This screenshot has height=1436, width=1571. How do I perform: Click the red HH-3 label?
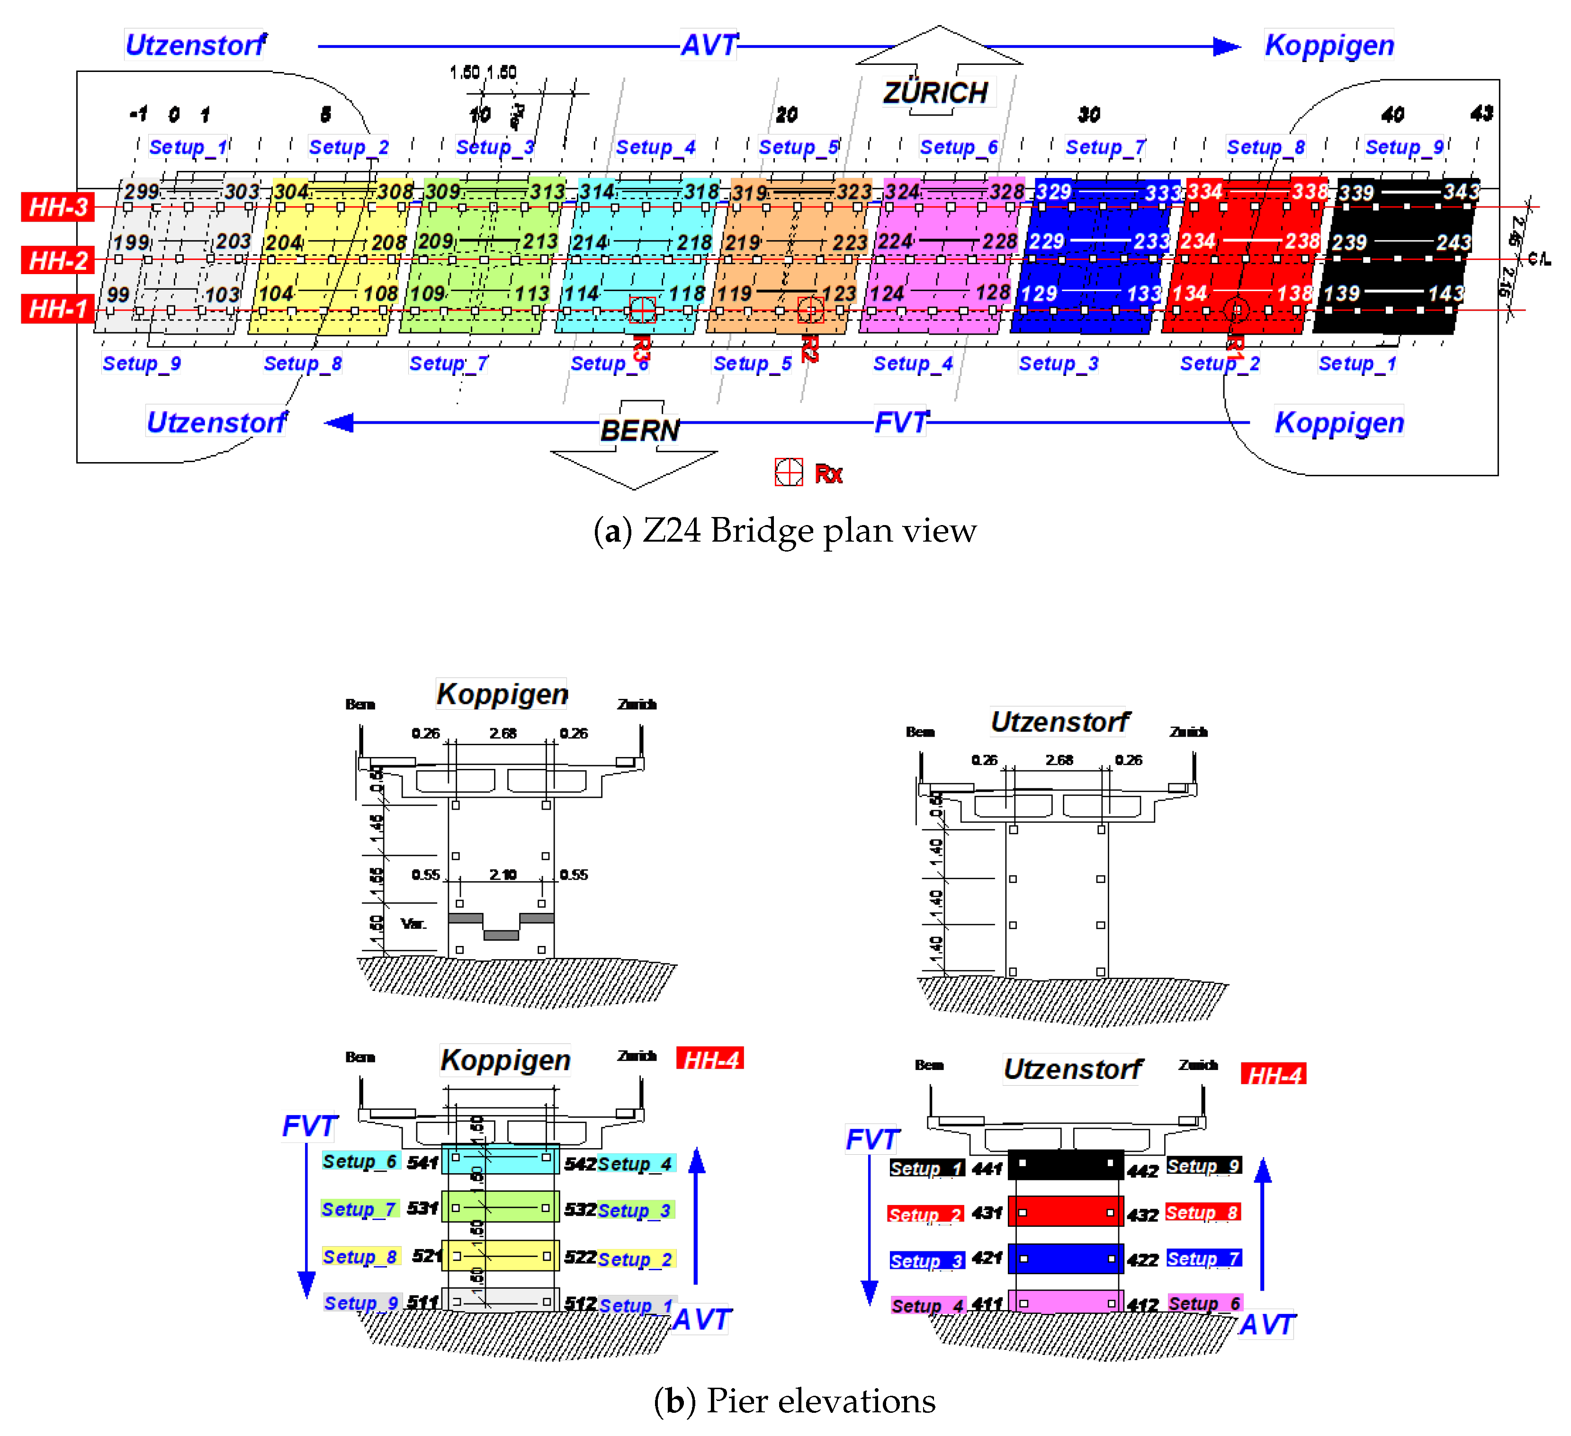[58, 207]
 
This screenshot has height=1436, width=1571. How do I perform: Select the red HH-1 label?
[58, 309]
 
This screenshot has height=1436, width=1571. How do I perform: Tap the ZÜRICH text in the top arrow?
[935, 93]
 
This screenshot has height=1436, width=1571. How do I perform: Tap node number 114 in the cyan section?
[581, 294]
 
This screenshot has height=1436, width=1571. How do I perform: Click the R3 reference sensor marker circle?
[642, 310]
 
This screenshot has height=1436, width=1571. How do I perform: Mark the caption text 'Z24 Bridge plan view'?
[785, 531]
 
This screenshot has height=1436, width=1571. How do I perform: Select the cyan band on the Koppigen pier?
[500, 1159]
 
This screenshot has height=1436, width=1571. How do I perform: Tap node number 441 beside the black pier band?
[987, 1169]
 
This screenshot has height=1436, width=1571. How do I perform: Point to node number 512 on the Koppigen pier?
[581, 1303]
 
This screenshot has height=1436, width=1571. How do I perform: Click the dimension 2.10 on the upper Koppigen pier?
[503, 874]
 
